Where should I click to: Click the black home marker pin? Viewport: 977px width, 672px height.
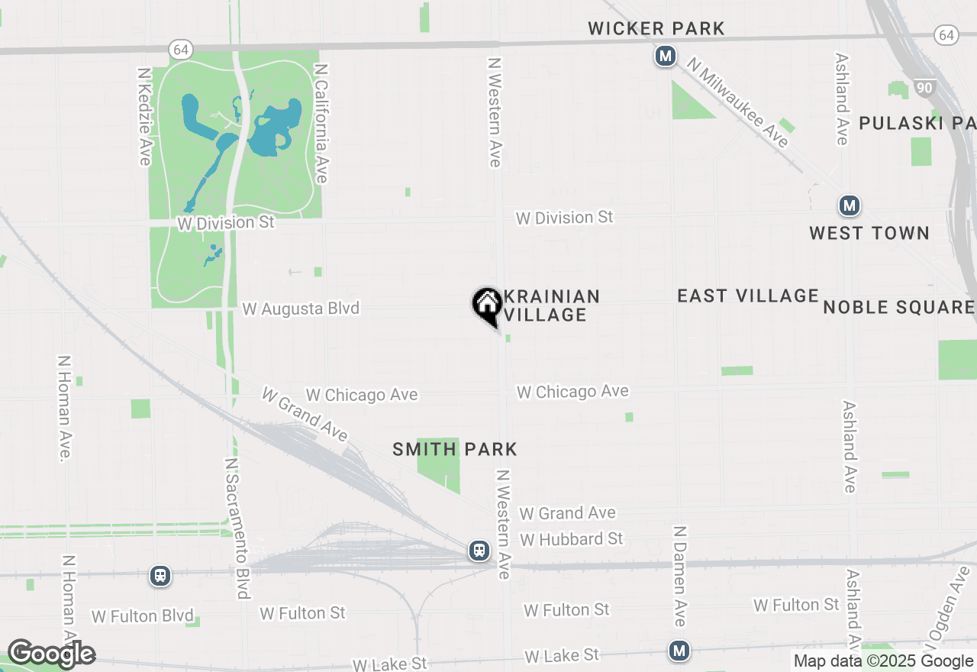(x=487, y=305)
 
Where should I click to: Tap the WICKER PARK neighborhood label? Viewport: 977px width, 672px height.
(x=656, y=29)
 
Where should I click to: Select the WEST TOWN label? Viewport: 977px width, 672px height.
(x=869, y=234)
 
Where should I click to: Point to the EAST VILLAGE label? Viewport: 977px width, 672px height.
(x=748, y=296)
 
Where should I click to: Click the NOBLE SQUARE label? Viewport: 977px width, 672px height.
(x=898, y=308)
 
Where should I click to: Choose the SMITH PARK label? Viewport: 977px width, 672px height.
(x=455, y=450)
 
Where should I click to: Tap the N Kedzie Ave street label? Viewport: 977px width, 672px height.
(x=144, y=116)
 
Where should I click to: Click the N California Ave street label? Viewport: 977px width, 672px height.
(x=321, y=123)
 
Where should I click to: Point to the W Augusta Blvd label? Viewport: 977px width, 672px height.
(x=301, y=309)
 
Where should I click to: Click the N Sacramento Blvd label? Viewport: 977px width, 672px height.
(x=237, y=528)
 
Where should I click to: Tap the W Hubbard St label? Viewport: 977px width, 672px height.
(x=572, y=539)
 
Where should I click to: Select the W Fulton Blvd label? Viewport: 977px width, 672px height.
(x=143, y=616)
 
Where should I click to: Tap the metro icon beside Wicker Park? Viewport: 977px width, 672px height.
(x=666, y=56)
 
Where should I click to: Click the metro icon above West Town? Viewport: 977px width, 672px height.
(x=849, y=205)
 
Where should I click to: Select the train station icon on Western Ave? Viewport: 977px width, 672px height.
(x=479, y=550)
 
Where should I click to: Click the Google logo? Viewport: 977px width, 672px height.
(x=51, y=654)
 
